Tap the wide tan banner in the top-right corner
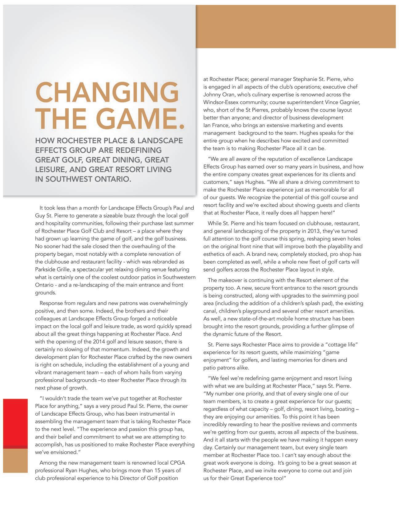[296, 26]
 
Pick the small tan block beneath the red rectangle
[15, 461]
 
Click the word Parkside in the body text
[45, 269]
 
